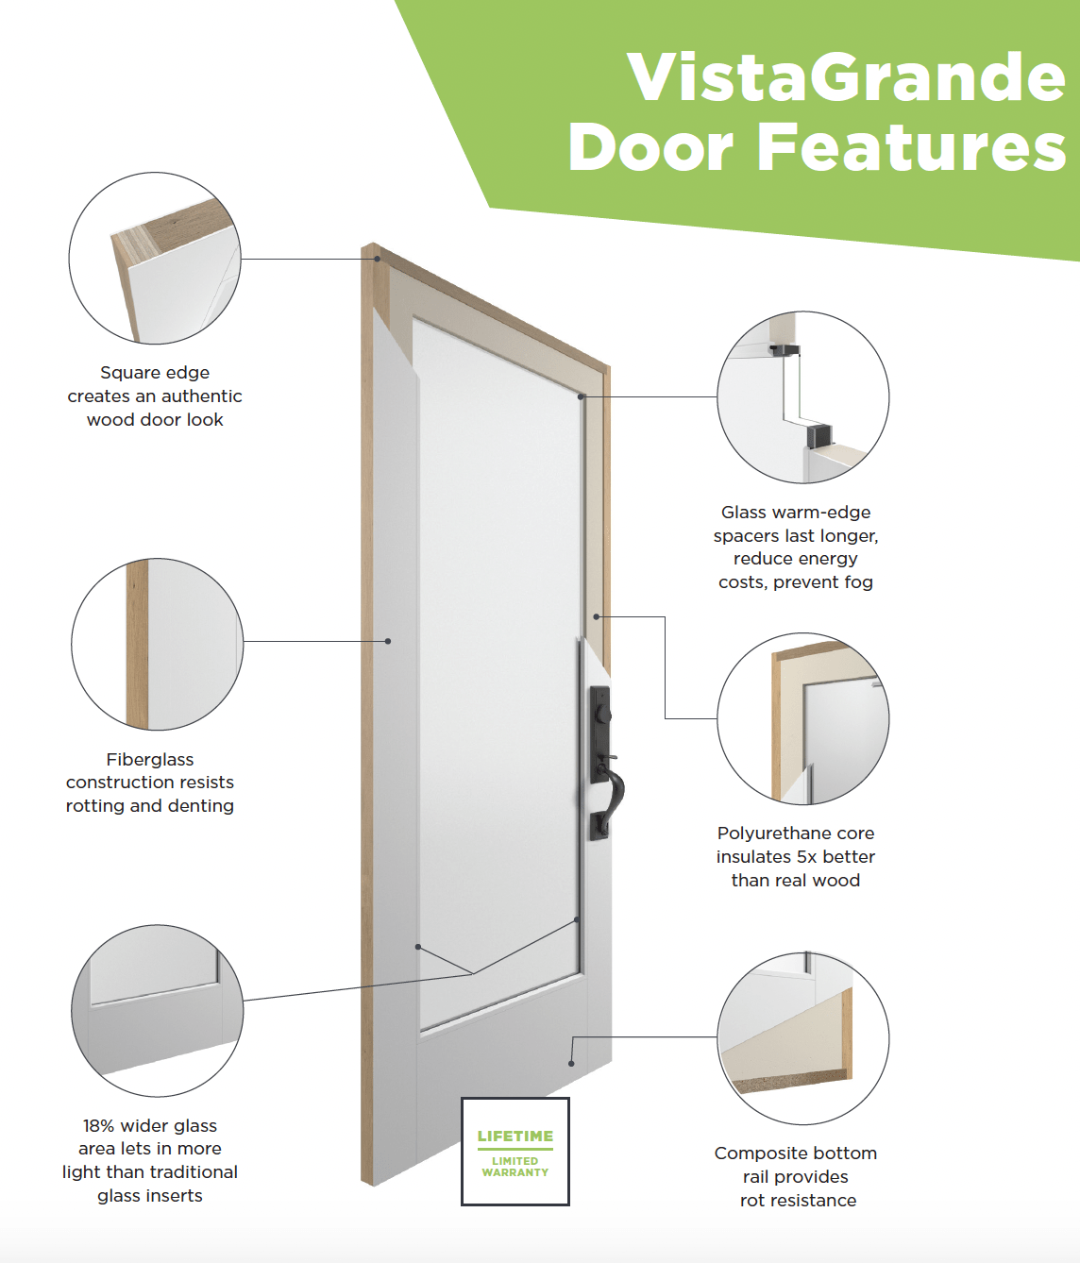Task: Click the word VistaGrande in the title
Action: pos(846,77)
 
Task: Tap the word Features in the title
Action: pos(911,148)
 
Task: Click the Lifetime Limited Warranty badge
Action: pos(515,1152)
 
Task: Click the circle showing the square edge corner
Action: pos(155,258)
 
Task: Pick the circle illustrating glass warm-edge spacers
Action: pos(802,397)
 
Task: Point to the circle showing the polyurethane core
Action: pos(802,718)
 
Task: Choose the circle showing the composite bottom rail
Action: pos(802,1037)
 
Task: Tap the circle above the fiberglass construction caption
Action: pos(157,644)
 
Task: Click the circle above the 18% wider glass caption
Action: pos(157,1010)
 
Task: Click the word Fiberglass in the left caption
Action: pos(150,760)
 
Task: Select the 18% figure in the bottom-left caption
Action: pos(98,1126)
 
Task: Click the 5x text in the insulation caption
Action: pos(805,857)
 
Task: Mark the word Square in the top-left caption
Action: pos(126,373)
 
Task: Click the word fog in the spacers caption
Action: pos(858,582)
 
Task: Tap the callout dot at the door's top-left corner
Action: pos(377,259)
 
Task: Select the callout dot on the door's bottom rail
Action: pos(571,1064)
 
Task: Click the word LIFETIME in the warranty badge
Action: pos(515,1137)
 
